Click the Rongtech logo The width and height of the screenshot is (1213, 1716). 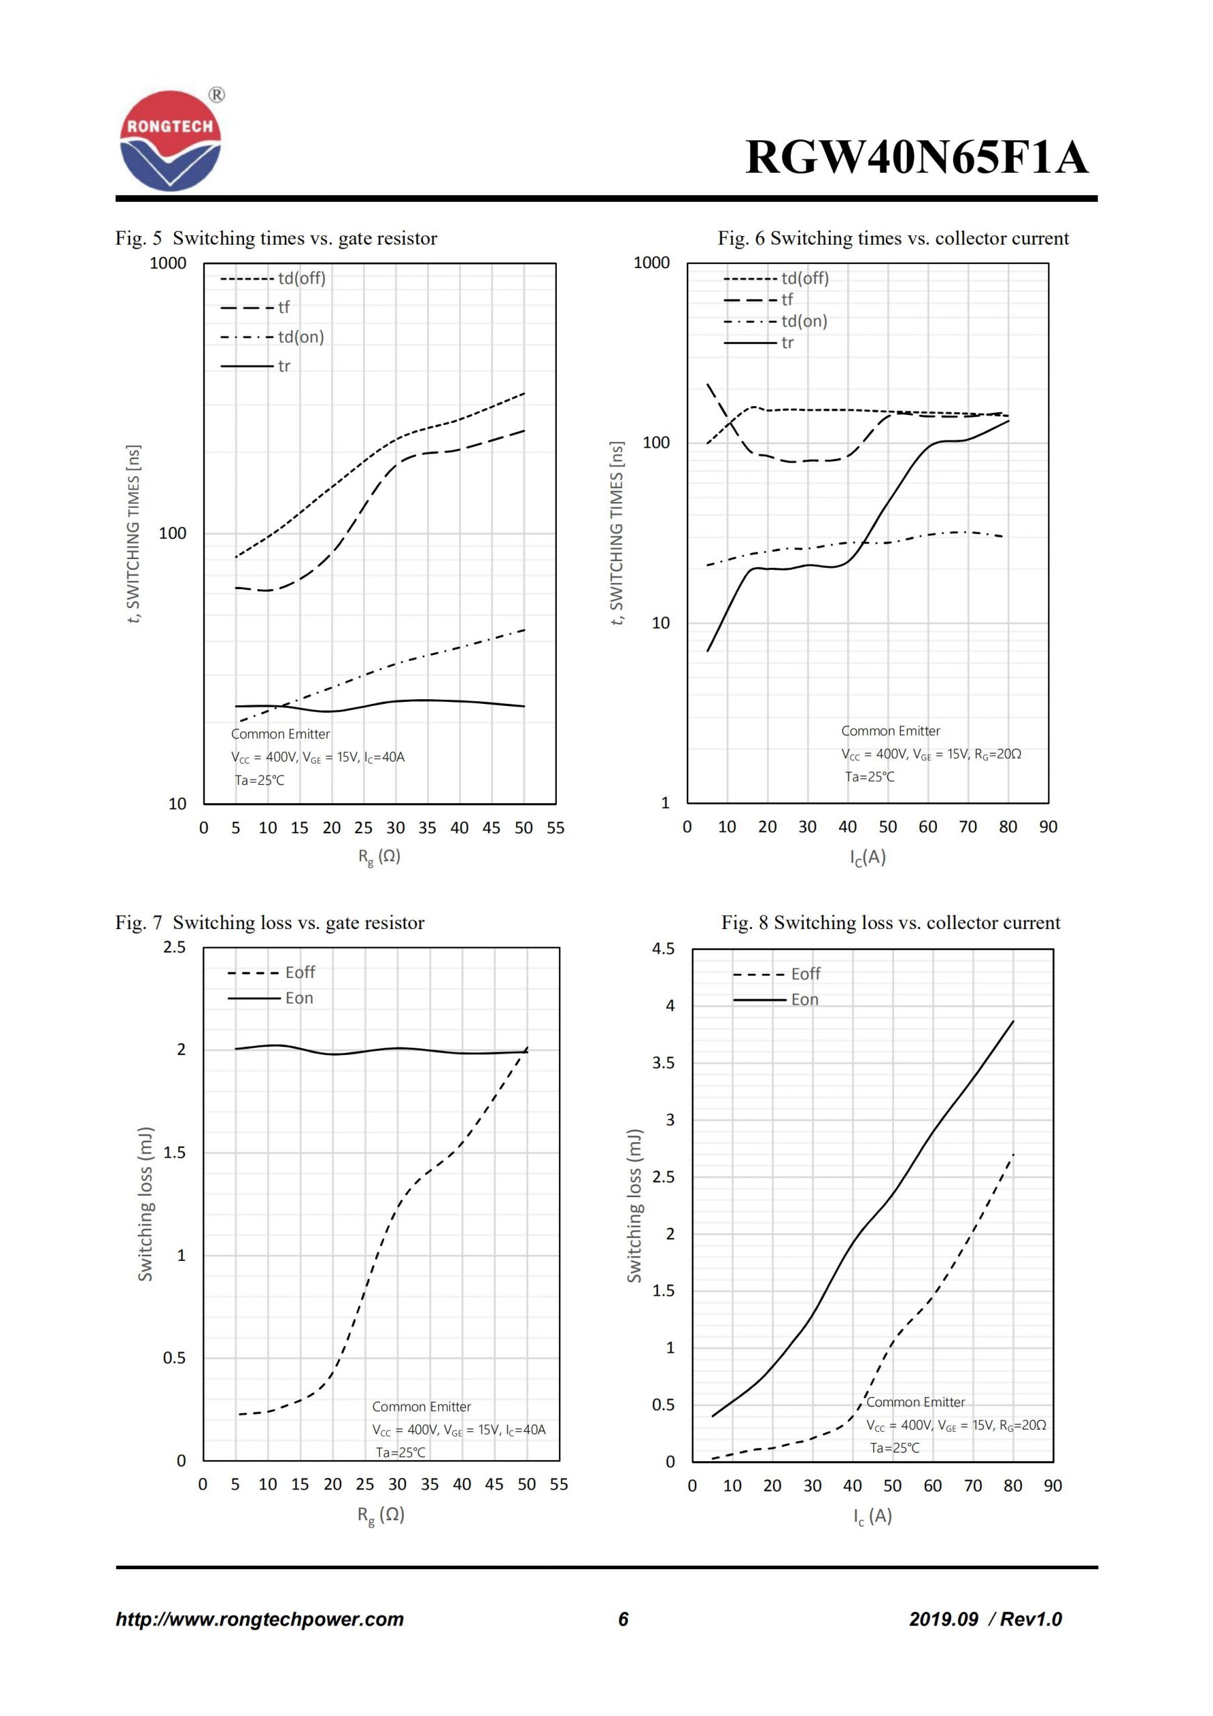(170, 141)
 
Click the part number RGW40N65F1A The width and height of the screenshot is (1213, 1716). (916, 158)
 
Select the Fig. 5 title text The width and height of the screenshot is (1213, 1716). (276, 239)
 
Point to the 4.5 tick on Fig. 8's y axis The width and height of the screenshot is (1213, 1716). (663, 949)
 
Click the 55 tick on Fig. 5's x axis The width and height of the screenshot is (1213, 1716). (556, 828)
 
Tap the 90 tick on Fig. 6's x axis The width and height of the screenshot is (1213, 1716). (1048, 827)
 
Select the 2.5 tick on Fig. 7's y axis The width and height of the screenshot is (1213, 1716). (174, 948)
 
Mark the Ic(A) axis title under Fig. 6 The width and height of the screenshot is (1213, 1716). (868, 857)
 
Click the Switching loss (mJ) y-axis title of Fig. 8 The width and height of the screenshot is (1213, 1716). (635, 1207)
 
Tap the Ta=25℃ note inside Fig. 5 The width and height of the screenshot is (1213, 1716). (259, 780)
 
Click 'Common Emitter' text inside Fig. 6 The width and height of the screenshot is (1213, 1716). (890, 731)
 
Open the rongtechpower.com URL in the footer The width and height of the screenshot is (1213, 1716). (259, 1619)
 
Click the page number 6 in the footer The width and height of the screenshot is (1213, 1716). (623, 1619)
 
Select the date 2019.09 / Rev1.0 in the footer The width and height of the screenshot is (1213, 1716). (985, 1619)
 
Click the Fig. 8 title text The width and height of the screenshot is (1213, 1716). (890, 923)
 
